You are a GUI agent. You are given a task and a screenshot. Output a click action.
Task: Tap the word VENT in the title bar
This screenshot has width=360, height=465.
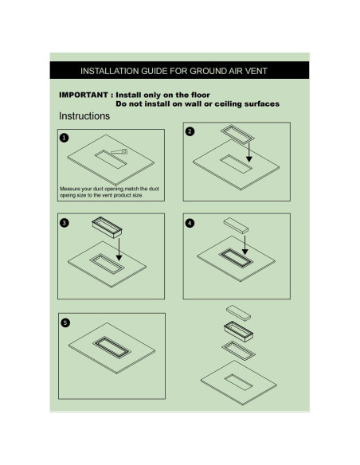256,71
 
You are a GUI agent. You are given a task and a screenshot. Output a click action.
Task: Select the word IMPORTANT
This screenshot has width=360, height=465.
84,95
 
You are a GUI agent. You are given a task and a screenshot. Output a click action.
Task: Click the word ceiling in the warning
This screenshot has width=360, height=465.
229,104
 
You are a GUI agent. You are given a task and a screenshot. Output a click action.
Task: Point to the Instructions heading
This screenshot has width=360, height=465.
84,116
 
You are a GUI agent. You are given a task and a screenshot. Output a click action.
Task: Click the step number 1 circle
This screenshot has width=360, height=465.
64,138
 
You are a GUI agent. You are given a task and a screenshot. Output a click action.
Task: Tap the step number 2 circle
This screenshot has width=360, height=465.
190,131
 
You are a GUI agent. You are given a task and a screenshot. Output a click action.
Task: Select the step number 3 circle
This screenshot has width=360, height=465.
65,223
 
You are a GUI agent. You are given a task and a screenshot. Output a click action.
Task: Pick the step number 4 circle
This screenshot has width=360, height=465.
190,223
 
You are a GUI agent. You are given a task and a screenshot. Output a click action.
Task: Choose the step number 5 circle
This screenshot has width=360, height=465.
65,322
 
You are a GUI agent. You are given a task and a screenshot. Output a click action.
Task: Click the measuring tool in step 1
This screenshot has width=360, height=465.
119,152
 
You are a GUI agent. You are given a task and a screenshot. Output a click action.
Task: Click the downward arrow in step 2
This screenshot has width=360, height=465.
249,152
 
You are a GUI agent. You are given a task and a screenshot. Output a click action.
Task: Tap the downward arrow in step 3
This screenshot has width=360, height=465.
119,249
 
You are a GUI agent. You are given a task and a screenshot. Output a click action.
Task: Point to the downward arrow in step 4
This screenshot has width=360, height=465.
245,245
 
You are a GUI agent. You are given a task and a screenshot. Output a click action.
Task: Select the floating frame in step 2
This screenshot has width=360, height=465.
237,135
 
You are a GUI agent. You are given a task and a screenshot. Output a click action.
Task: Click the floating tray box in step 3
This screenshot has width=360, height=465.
107,227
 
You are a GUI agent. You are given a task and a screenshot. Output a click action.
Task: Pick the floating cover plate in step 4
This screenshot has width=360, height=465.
236,225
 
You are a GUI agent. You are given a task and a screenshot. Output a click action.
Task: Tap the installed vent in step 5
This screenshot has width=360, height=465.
112,348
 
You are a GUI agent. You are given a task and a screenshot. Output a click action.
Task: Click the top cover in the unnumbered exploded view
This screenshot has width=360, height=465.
238,313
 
